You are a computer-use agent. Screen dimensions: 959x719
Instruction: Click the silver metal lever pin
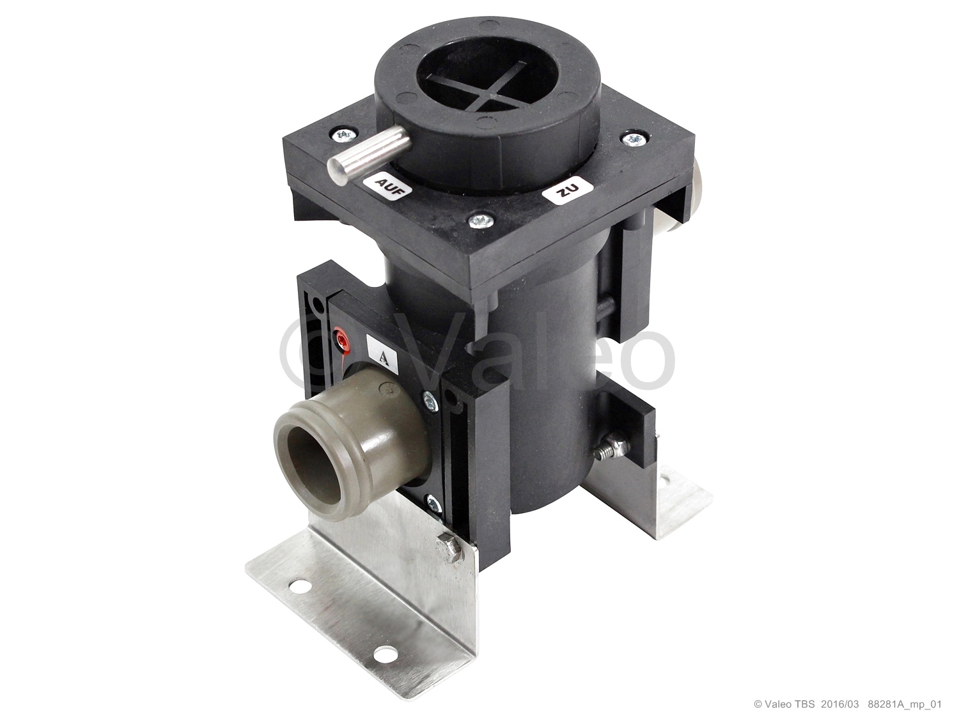click(369, 157)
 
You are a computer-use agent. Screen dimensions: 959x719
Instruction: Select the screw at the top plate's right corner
click(633, 139)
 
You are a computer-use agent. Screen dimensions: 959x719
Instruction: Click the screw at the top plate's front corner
click(481, 220)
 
